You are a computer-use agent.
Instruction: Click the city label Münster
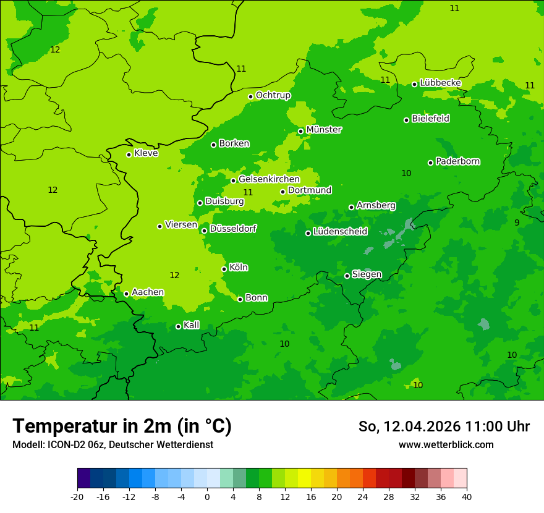(323, 130)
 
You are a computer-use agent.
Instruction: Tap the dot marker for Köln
(224, 269)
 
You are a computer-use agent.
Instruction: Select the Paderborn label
(457, 161)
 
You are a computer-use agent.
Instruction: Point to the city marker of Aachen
(126, 294)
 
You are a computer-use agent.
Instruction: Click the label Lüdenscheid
(340, 232)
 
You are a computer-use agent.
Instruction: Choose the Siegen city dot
(347, 276)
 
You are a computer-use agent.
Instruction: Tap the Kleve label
(146, 153)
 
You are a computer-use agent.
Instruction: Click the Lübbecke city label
(440, 83)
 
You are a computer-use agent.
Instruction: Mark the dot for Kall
(178, 326)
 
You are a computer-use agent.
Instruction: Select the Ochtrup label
(273, 95)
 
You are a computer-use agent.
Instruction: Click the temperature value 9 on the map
(517, 223)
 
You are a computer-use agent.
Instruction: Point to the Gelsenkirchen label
(269, 179)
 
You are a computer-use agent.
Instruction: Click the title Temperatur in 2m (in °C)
(122, 426)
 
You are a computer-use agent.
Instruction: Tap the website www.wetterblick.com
(446, 444)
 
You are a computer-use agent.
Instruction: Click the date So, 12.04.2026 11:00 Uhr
(444, 426)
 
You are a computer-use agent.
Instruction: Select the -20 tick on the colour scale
(77, 496)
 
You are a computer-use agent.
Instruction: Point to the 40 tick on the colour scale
(467, 496)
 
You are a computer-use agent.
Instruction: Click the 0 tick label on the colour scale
(207, 496)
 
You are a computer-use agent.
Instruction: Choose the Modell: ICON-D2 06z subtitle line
(113, 444)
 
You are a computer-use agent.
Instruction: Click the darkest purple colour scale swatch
(84, 478)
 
